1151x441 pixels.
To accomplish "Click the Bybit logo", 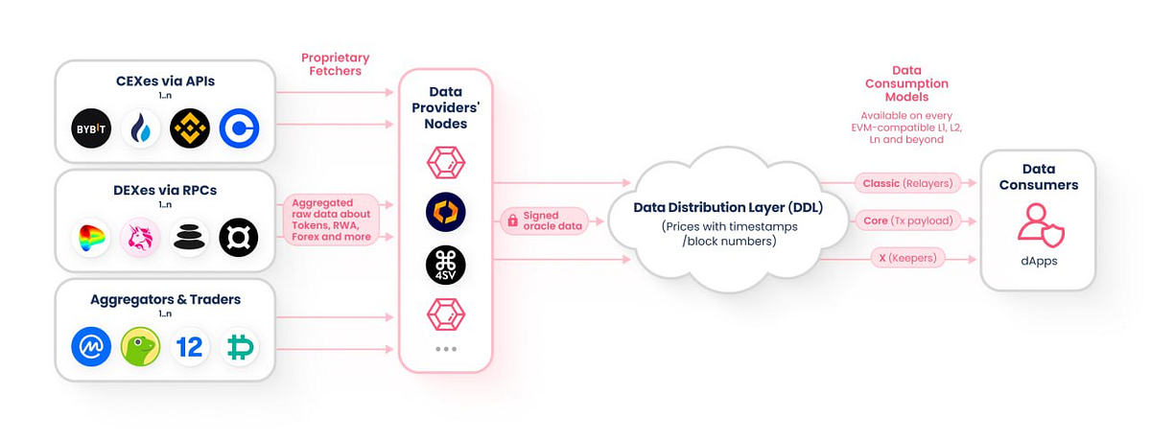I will [92, 128].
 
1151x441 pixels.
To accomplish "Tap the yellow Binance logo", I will [189, 128].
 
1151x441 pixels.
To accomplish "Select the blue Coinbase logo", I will [239, 128].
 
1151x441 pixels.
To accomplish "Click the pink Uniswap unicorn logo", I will [140, 238].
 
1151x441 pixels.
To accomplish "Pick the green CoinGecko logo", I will [140, 346].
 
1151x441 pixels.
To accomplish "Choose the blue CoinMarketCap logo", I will [92, 346].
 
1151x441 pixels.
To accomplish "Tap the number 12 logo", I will [189, 346].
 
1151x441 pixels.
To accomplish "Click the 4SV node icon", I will [446, 265].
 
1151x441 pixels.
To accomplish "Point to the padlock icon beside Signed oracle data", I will [513, 220].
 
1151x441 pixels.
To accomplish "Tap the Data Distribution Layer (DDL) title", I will [729, 208].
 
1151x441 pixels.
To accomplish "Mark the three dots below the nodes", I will [446, 349].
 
